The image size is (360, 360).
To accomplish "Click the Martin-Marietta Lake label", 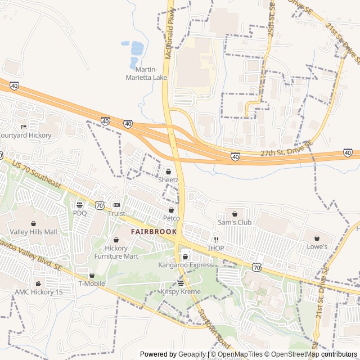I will click(x=147, y=73).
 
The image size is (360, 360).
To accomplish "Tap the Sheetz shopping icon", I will click(x=168, y=172).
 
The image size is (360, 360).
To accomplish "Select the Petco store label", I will click(x=171, y=218).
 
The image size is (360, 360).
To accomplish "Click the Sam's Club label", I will click(x=234, y=222).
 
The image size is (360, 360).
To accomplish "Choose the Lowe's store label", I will click(x=317, y=246).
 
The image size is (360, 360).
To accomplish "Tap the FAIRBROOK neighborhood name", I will click(x=154, y=231).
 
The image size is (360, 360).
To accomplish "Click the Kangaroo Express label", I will click(x=185, y=264).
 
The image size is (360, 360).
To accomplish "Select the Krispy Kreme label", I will click(x=181, y=291).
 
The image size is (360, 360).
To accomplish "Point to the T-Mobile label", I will click(x=92, y=283).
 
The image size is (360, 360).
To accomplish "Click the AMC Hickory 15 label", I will click(x=38, y=292).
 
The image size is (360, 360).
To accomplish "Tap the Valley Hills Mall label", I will click(x=34, y=232).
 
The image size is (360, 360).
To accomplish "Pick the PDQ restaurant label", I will click(x=80, y=213).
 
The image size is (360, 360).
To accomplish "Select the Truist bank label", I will click(x=116, y=213).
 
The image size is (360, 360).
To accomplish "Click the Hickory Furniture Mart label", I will click(x=116, y=252).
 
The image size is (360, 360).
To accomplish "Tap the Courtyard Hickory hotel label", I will click(x=26, y=135).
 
